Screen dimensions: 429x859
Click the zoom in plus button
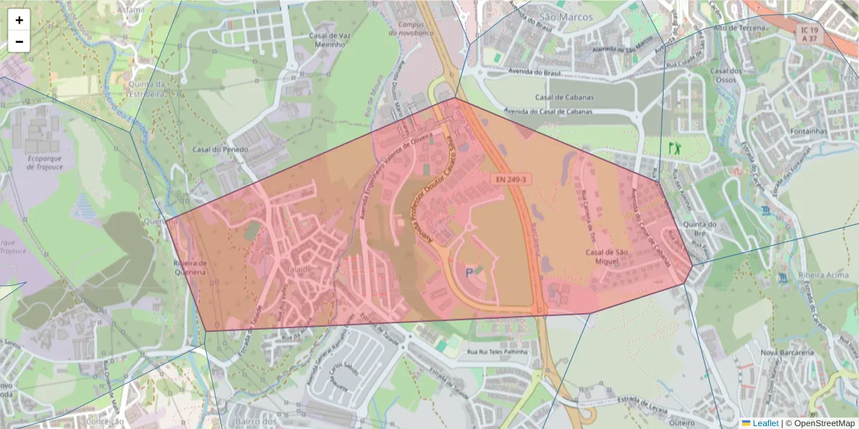click(19, 20)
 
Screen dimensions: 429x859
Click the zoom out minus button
click(19, 41)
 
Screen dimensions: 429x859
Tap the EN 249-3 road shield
click(511, 179)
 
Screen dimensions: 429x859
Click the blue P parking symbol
click(470, 272)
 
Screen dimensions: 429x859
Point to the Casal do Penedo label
click(220, 149)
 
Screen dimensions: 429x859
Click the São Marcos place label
click(568, 16)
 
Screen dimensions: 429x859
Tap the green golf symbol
click(674, 148)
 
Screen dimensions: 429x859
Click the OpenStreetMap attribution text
click(824, 423)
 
